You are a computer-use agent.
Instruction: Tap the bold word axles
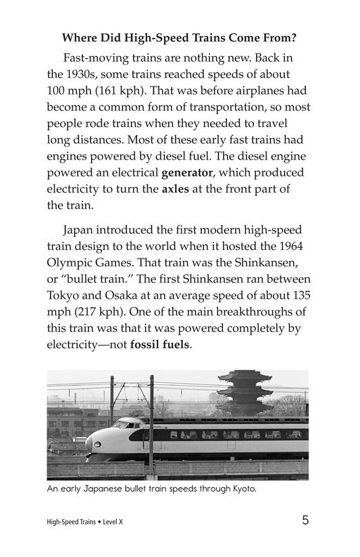tap(175, 189)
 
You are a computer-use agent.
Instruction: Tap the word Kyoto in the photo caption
tap(242, 489)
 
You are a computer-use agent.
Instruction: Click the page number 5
tap(305, 520)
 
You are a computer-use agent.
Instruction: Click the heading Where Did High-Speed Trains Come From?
tap(180, 37)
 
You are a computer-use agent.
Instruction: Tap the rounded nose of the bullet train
tap(95, 443)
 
